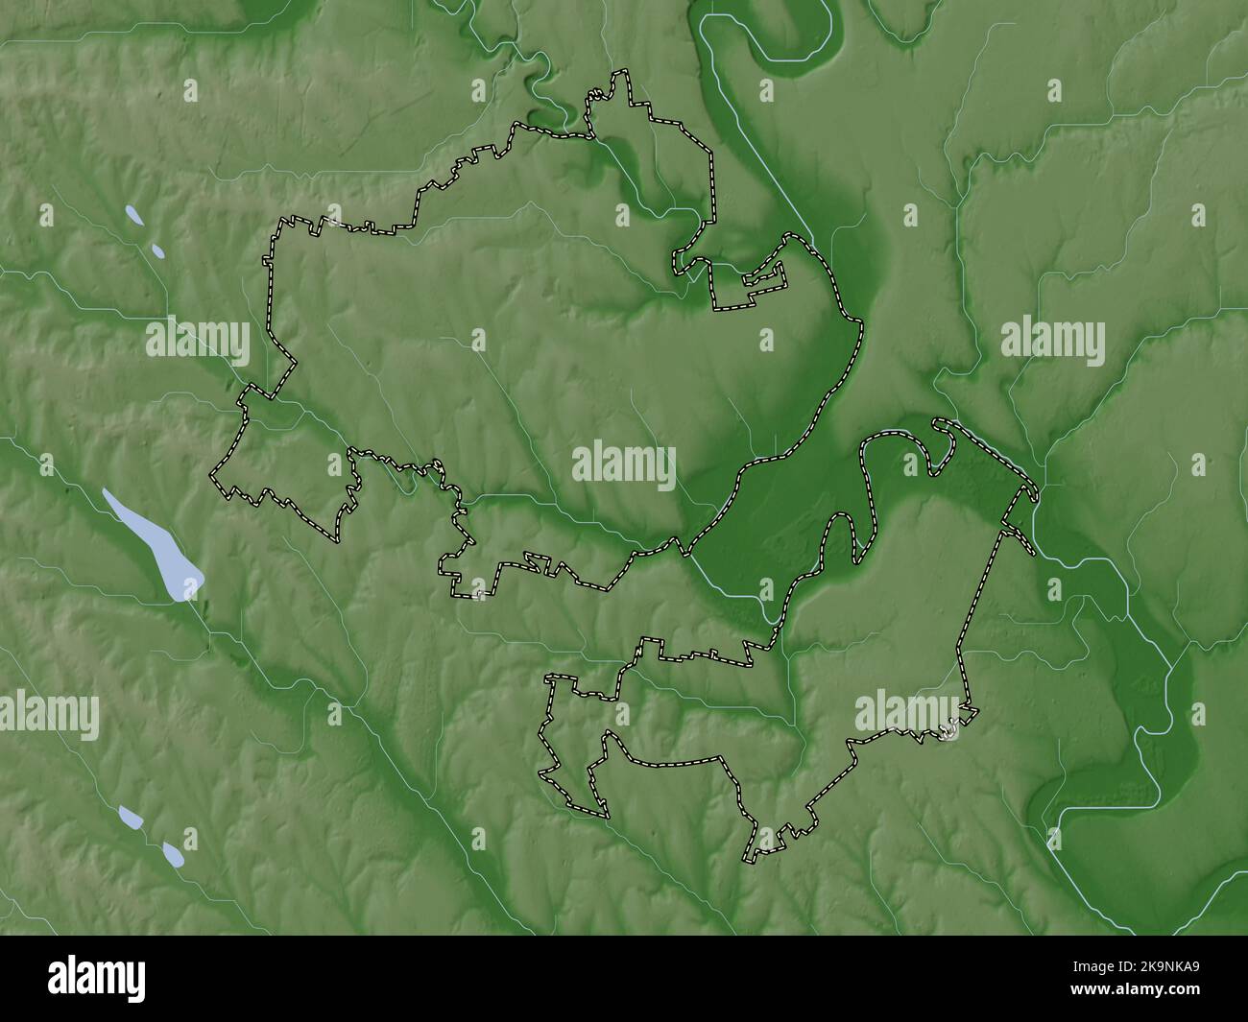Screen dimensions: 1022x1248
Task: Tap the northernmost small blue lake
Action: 135,216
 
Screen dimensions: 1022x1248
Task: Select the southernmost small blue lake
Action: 173,852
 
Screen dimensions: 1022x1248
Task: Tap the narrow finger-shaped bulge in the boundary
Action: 841,537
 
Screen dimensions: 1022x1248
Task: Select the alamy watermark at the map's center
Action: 624,463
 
